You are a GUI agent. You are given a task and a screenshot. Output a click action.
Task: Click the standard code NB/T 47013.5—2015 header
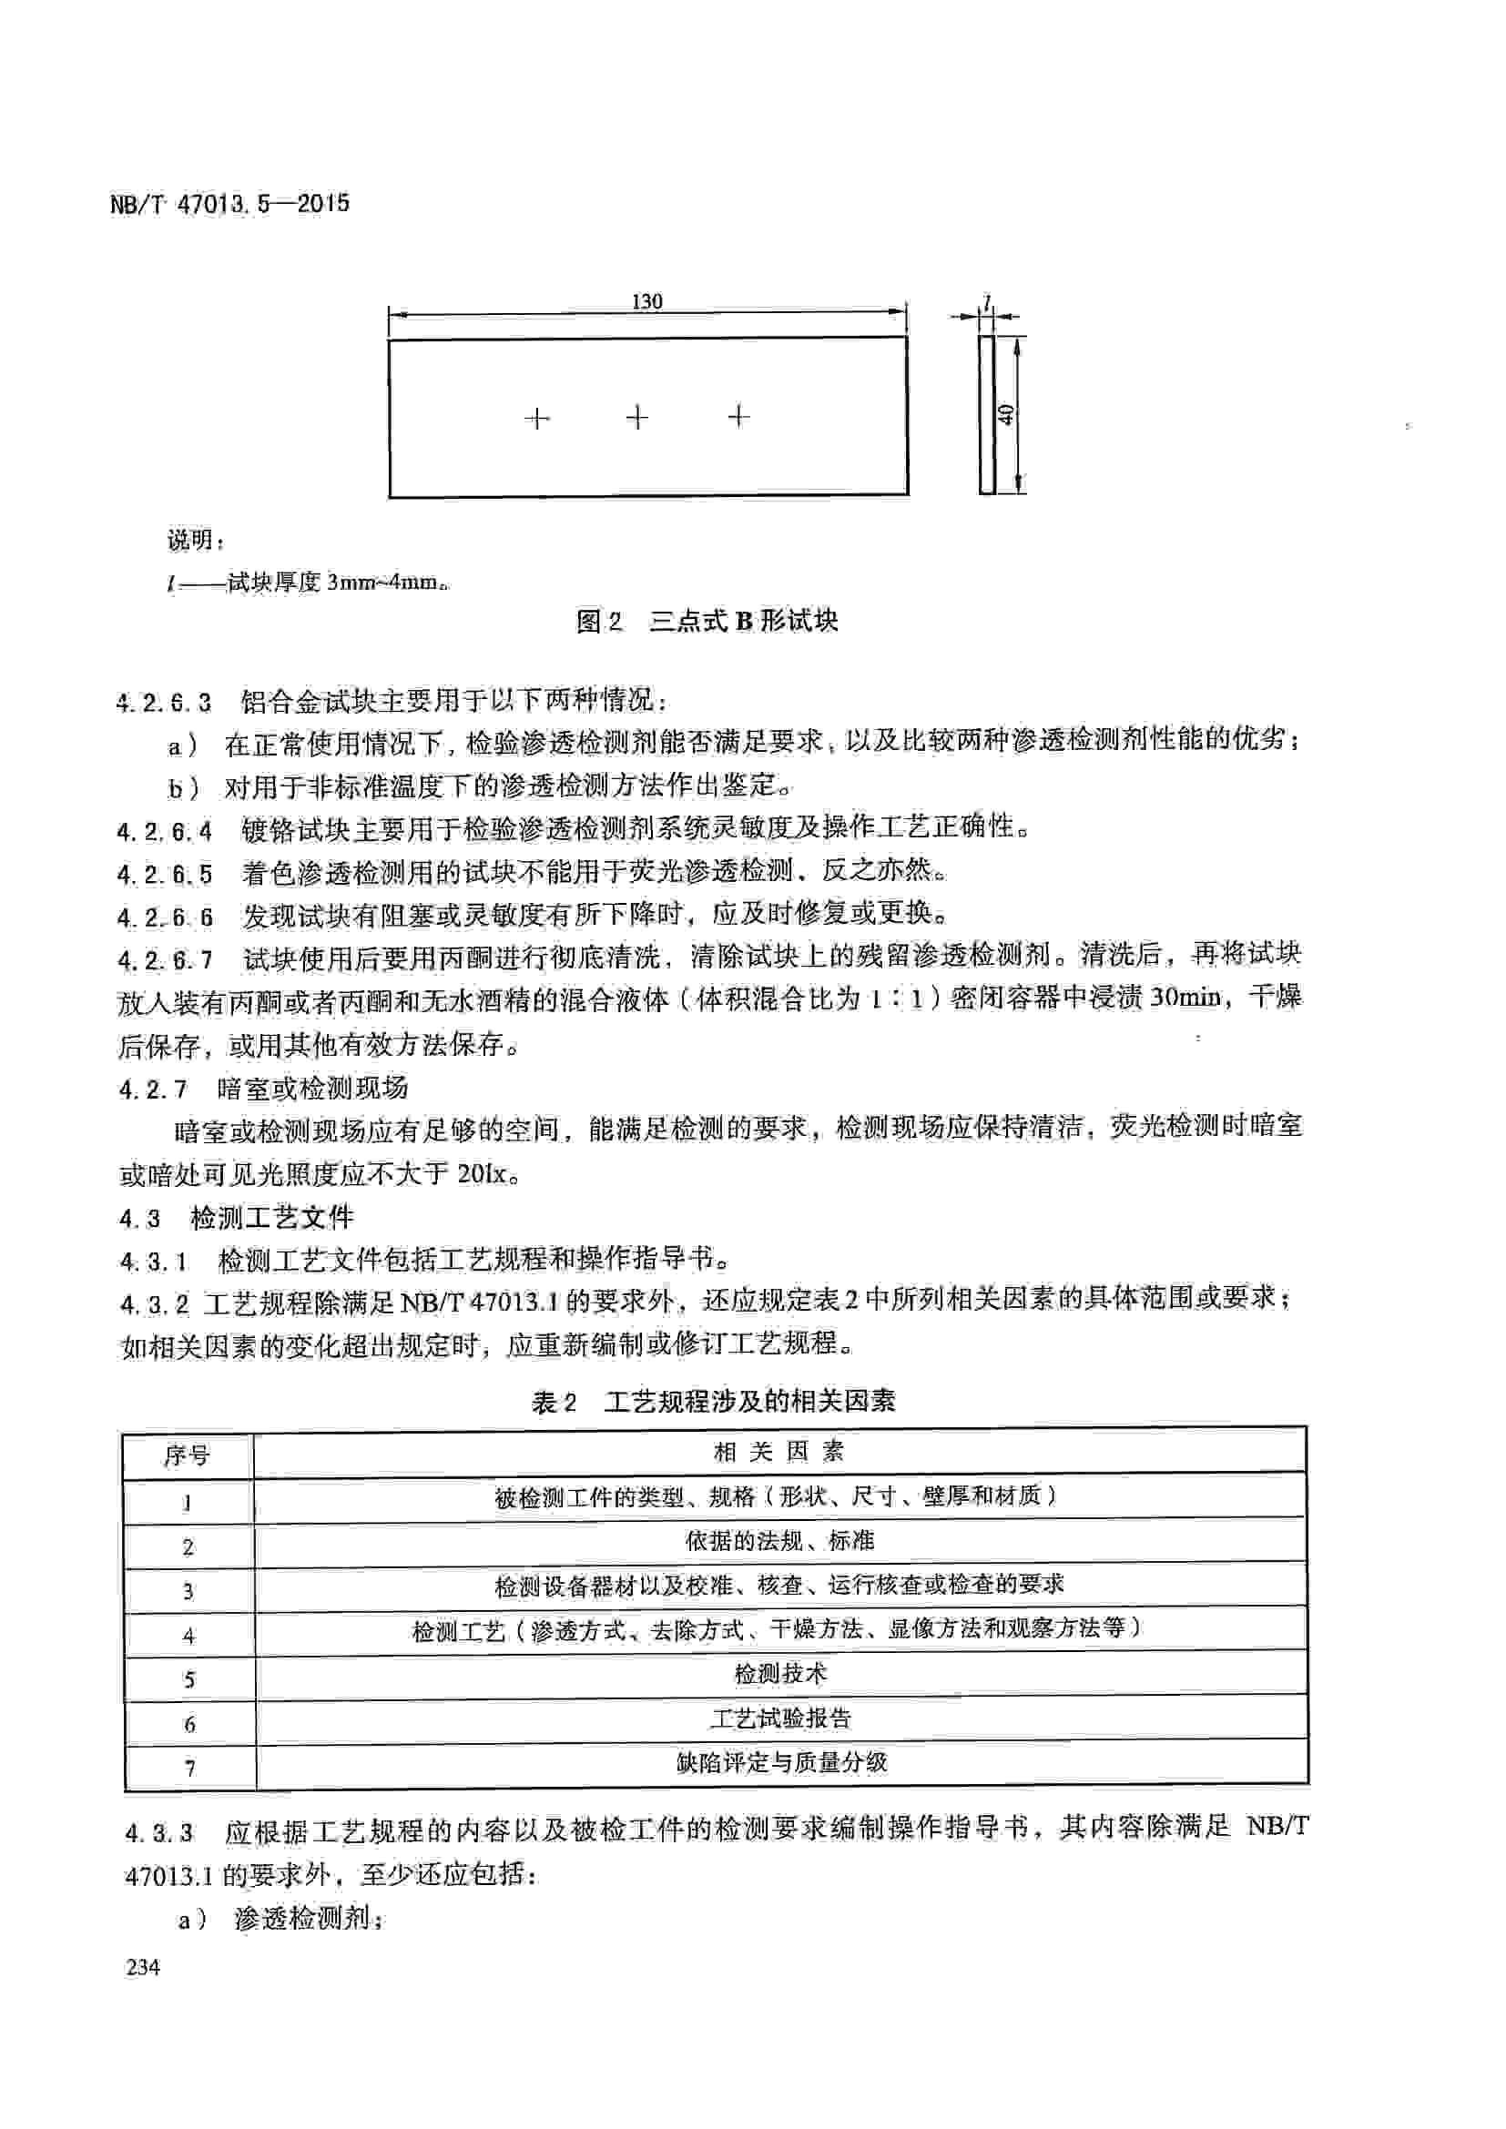(230, 204)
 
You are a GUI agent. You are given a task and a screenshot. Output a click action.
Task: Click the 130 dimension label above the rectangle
(646, 301)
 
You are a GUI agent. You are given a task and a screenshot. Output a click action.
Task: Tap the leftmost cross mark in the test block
(538, 419)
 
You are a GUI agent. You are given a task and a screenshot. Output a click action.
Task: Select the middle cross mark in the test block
(637, 418)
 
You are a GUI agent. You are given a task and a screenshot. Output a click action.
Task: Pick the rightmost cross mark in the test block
(738, 417)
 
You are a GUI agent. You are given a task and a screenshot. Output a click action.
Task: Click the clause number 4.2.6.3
(164, 702)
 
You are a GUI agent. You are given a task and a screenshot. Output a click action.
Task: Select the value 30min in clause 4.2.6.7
(1185, 998)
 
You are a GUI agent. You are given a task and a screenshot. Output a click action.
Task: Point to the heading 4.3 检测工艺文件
(237, 1218)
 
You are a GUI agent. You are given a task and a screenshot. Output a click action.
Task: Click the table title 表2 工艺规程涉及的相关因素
(713, 1400)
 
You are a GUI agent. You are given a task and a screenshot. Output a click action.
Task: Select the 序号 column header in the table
(188, 1455)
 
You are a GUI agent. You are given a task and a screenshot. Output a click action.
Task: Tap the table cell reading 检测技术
(779, 1674)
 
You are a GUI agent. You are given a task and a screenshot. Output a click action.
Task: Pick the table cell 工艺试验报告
(779, 1718)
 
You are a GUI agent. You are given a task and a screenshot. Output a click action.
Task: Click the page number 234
(143, 1967)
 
